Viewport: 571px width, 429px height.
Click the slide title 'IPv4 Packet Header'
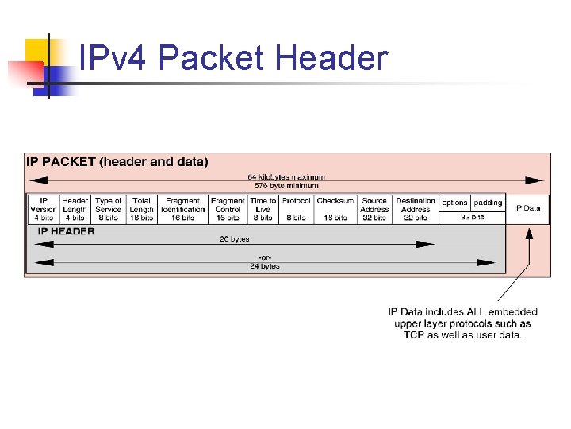point(234,59)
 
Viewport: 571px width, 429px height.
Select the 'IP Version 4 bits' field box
point(44,209)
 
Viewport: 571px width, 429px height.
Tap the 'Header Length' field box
point(75,209)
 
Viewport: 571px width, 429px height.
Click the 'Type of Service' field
point(108,209)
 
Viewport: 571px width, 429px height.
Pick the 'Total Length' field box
point(142,209)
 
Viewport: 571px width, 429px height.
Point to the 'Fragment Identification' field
point(183,209)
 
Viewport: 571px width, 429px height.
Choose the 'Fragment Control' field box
point(228,209)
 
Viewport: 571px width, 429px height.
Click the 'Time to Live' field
point(263,209)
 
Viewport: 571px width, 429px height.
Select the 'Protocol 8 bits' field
point(297,209)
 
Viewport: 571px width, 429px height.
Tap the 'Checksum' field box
point(335,209)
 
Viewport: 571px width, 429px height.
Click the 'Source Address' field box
point(374,209)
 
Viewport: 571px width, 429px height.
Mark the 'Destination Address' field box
point(416,209)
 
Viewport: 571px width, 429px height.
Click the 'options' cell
point(455,203)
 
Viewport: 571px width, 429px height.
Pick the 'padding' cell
point(489,203)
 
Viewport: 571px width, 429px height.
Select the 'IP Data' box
point(527,208)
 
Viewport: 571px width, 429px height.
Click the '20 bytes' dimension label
point(235,238)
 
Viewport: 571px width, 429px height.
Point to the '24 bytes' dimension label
point(264,266)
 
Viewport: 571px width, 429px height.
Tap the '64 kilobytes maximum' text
point(286,177)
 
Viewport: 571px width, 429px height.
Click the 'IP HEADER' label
point(67,231)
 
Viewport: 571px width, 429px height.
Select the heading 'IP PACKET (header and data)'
point(118,162)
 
